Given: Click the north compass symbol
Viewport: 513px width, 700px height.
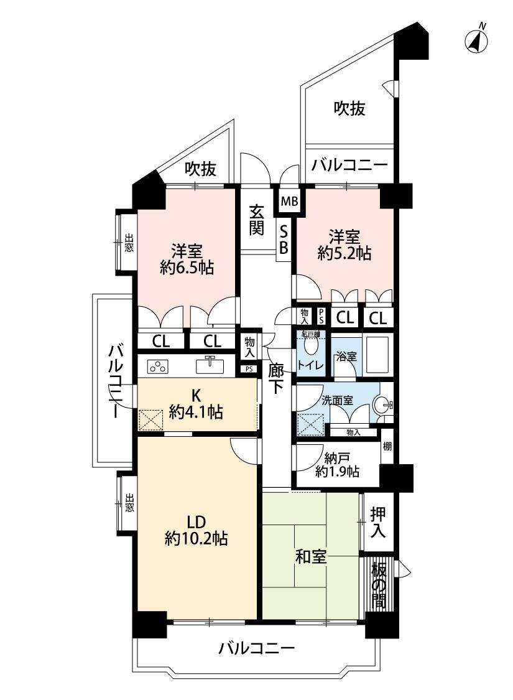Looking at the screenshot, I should coord(477,40).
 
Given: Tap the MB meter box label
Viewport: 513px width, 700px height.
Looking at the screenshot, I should coord(290,202).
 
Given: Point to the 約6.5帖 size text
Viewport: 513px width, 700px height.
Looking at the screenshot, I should coord(187,268).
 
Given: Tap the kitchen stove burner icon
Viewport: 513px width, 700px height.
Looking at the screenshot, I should coord(158,366).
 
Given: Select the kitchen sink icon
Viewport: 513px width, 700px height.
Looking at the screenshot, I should coord(209,364).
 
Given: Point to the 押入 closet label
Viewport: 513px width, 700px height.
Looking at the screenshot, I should coord(378,522).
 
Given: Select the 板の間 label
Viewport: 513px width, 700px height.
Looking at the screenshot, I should coord(378,586).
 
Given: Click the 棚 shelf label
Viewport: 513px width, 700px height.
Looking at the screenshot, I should coord(387,446).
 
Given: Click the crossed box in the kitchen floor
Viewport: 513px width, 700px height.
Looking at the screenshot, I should coord(150,419).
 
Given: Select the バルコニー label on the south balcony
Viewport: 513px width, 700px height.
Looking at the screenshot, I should coord(256,649).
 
